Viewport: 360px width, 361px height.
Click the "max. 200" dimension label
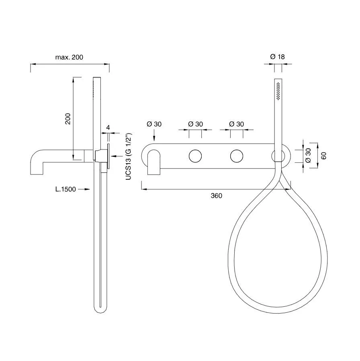tap(69, 57)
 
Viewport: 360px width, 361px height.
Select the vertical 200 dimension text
tap(68, 119)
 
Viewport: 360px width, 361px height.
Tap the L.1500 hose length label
tap(65, 189)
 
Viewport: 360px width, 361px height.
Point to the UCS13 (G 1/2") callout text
tap(128, 156)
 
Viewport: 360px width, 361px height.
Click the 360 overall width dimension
tap(217, 196)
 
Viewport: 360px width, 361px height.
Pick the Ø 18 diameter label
tap(277, 57)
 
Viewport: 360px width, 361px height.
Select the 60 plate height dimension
tap(324, 156)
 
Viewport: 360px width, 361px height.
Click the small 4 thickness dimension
tap(108, 127)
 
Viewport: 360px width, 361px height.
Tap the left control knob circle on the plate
tap(195, 156)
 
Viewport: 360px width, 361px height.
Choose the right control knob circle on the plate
tap(237, 156)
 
